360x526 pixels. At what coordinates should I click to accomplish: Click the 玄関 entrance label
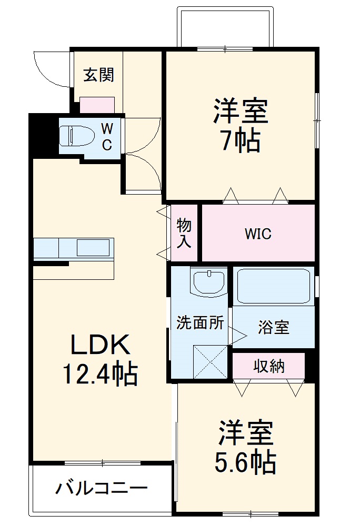click(x=99, y=76)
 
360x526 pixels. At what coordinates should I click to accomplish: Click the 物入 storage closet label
click(x=184, y=233)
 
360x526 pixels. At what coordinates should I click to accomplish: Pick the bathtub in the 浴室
click(x=273, y=287)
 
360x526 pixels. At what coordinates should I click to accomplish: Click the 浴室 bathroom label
click(x=273, y=327)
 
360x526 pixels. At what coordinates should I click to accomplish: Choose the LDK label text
click(x=100, y=346)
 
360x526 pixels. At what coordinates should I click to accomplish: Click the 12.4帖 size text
click(x=100, y=374)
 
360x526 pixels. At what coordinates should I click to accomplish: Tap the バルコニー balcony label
click(x=102, y=489)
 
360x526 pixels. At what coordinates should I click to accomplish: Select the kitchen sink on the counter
click(x=94, y=247)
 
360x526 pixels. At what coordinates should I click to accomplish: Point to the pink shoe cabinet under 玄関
click(x=97, y=105)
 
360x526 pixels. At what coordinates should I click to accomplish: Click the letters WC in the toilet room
click(x=107, y=136)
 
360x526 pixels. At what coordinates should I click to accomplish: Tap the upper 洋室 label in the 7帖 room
click(x=241, y=111)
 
